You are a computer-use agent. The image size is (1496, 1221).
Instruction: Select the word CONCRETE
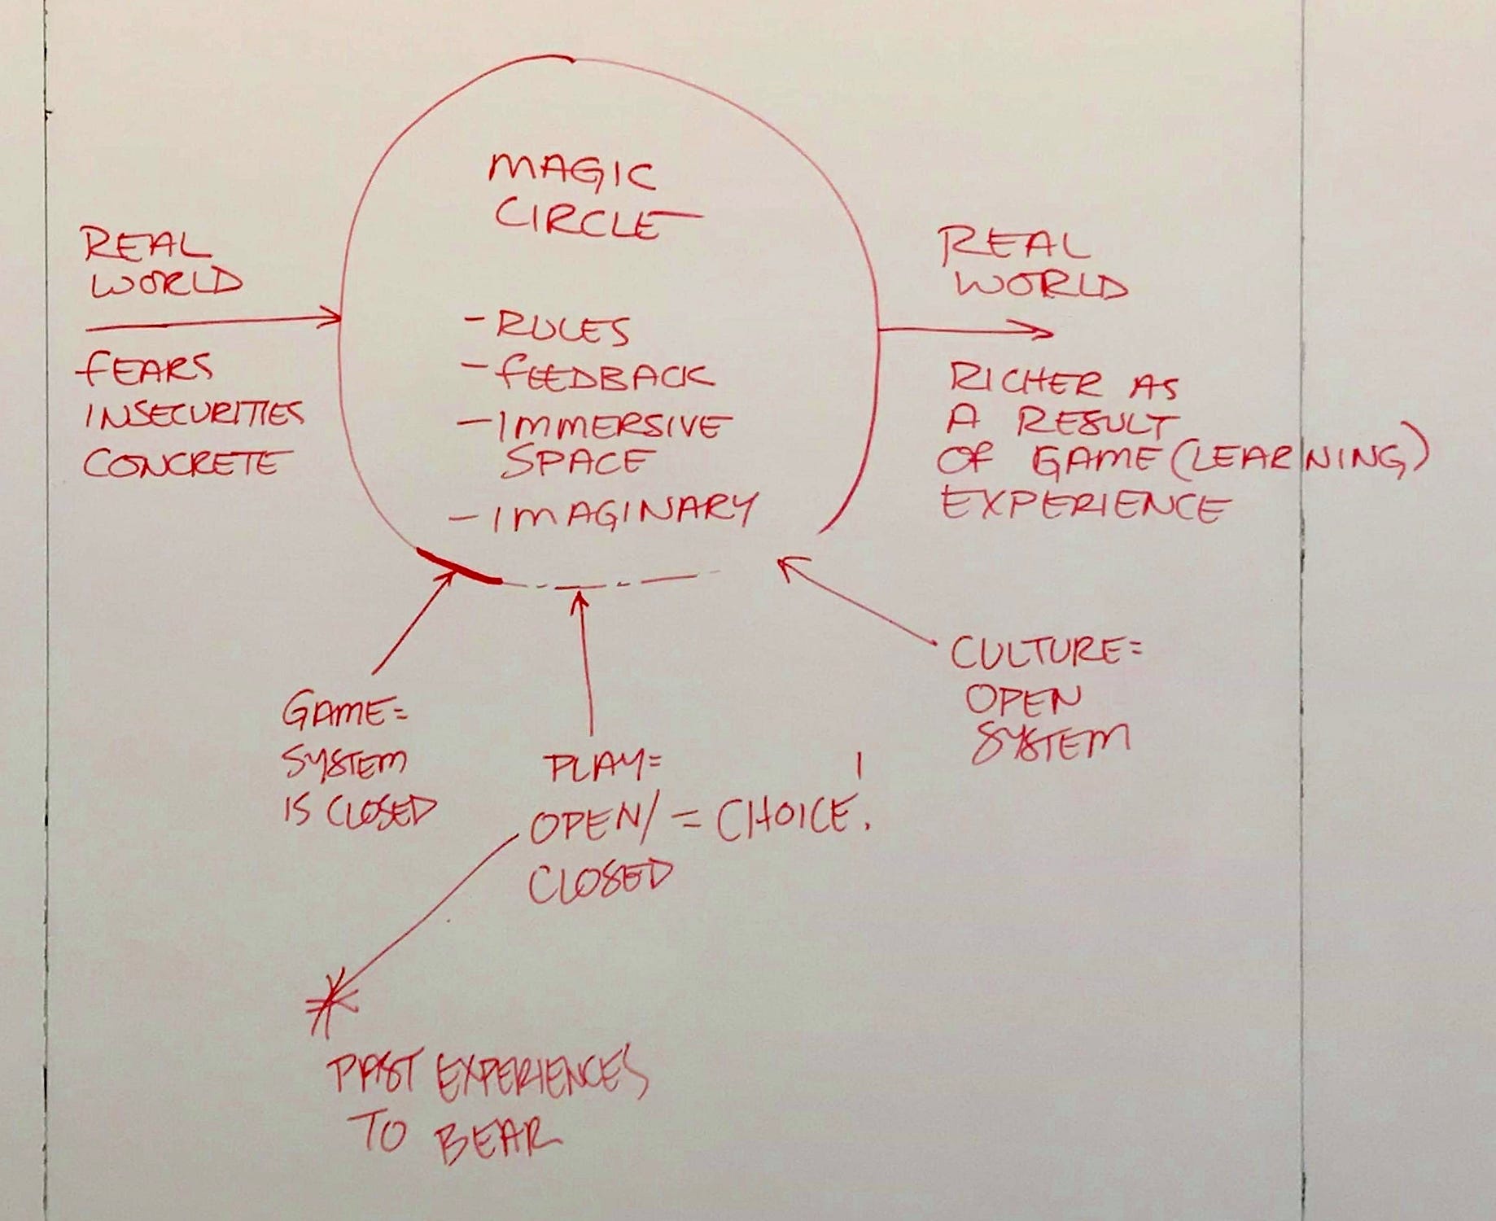(186, 462)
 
